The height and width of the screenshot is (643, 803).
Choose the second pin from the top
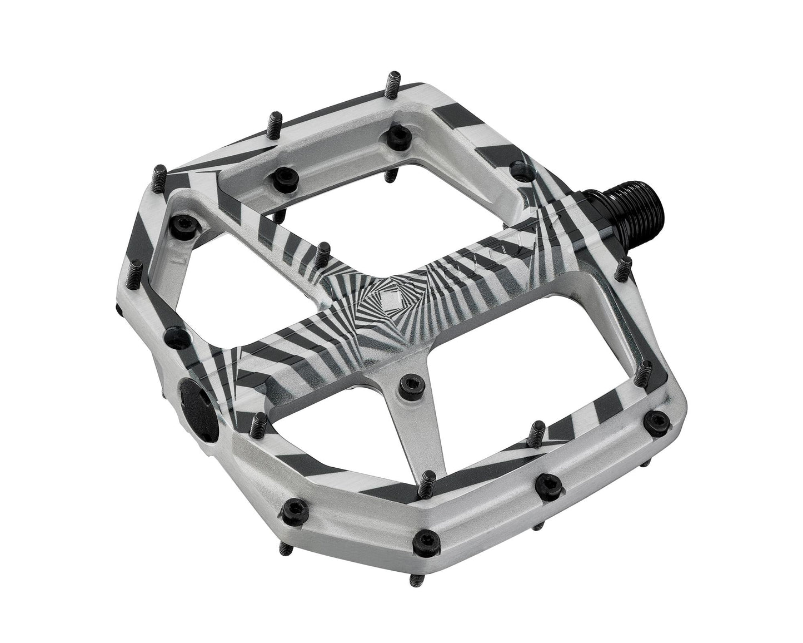coord(276,123)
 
